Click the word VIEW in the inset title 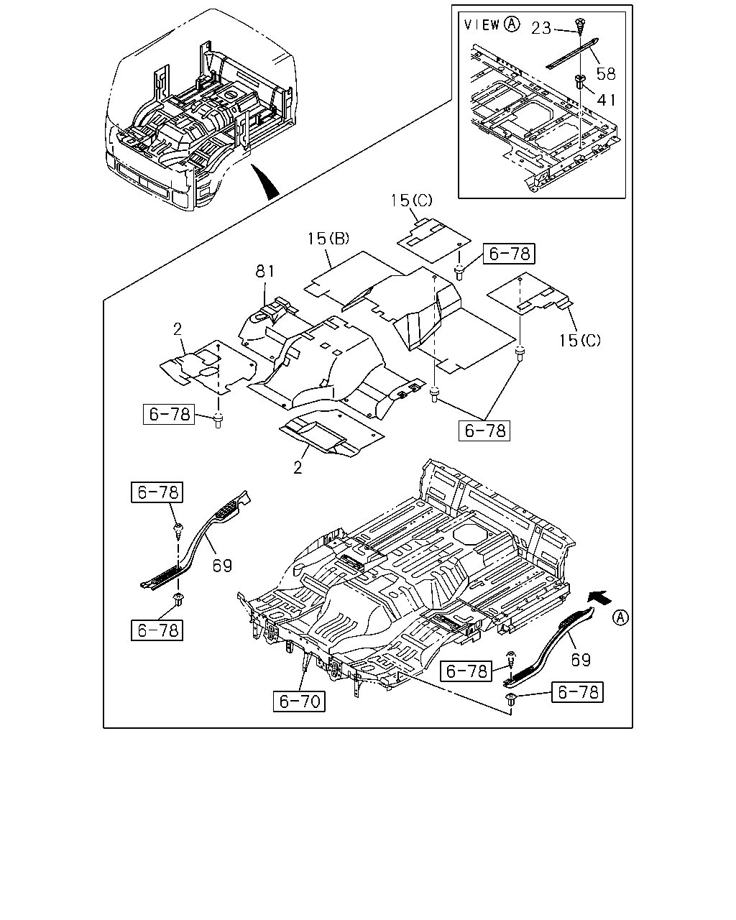pyautogui.click(x=482, y=24)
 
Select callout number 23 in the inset pyautogui.click(x=541, y=28)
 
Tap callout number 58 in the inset pyautogui.click(x=606, y=74)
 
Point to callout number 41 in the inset pyautogui.click(x=607, y=100)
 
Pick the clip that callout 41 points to pyautogui.click(x=579, y=81)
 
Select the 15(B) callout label pyautogui.click(x=328, y=239)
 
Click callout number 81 pyautogui.click(x=265, y=271)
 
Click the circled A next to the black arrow pyautogui.click(x=620, y=617)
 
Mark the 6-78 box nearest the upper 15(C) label pyautogui.click(x=509, y=254)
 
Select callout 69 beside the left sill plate pyautogui.click(x=222, y=566)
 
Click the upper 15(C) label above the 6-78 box pyautogui.click(x=411, y=200)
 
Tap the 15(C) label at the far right pyautogui.click(x=580, y=340)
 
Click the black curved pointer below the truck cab pyautogui.click(x=265, y=183)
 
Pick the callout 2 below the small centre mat pyautogui.click(x=298, y=467)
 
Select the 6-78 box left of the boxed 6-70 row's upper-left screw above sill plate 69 pyautogui.click(x=157, y=492)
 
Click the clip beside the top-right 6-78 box pyautogui.click(x=459, y=272)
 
